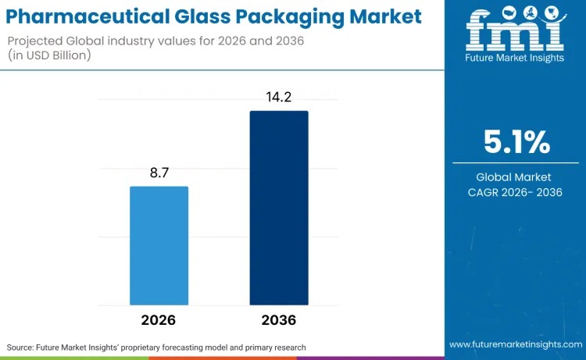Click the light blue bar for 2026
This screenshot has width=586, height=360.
159,245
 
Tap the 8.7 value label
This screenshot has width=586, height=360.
159,173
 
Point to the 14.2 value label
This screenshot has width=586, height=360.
279,98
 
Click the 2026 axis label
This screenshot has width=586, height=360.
159,321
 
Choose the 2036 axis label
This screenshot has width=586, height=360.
279,321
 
